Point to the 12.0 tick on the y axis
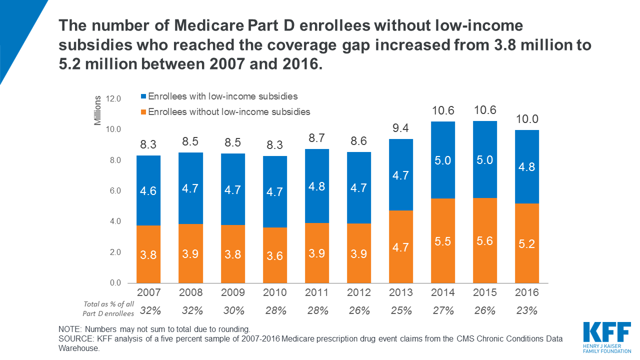click(x=112, y=99)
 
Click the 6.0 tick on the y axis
click(x=114, y=191)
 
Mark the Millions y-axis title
click(x=98, y=110)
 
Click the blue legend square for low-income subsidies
click(x=144, y=96)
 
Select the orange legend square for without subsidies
click(x=144, y=112)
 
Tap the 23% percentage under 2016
click(x=527, y=310)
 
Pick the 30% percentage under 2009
click(x=234, y=310)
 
